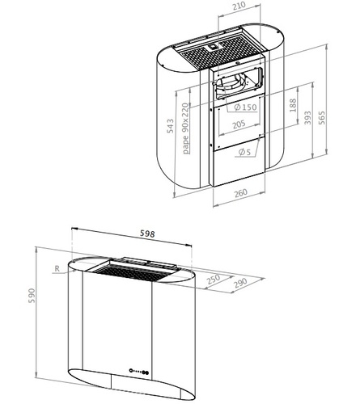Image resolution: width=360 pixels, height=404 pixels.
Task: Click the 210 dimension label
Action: tap(239, 6)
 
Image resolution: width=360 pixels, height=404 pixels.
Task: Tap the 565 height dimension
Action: tap(322, 117)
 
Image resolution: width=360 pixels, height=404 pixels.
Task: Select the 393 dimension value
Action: tap(307, 118)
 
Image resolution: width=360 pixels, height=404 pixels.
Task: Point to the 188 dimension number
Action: tap(293, 105)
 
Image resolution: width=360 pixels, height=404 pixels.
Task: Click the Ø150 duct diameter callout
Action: tap(245, 107)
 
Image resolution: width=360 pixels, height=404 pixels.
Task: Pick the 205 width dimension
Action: tap(239, 124)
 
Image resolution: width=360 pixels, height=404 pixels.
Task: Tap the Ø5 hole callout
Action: tap(244, 152)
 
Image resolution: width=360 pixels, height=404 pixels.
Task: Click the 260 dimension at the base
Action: tap(240, 193)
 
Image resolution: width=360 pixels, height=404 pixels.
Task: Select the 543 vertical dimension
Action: tap(170, 126)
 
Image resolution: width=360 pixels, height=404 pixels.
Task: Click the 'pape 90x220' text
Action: tap(185, 128)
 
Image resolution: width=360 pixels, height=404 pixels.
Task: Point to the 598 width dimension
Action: tap(147, 234)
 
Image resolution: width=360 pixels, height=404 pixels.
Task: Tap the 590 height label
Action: tap(32, 296)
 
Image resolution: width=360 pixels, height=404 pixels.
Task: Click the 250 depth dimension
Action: tap(214, 280)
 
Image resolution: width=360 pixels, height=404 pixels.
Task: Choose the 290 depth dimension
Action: tap(240, 283)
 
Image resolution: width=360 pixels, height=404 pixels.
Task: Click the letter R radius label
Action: tap(57, 268)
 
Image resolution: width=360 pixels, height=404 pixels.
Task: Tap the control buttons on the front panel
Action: tap(139, 371)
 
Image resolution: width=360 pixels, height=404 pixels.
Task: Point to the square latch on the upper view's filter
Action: tap(213, 47)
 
